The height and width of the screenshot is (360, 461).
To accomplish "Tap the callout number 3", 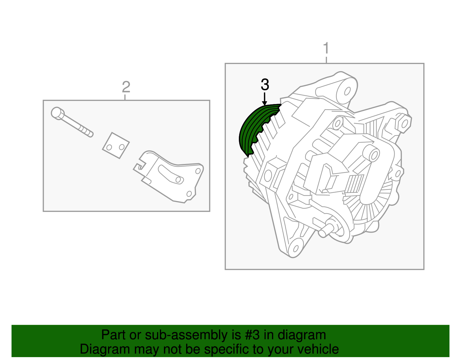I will tap(265, 85).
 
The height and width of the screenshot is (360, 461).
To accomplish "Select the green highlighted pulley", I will tap(254, 127).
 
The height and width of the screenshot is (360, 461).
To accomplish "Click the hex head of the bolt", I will tap(57, 113).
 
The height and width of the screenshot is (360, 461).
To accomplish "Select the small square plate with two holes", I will tap(116, 146).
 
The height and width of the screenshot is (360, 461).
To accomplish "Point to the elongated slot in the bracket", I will tap(170, 174).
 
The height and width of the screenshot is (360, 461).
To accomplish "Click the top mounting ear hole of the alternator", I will tap(347, 91).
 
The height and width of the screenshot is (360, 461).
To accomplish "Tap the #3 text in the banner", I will tap(252, 335).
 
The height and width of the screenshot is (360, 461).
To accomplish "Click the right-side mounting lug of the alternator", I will tap(403, 122).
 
